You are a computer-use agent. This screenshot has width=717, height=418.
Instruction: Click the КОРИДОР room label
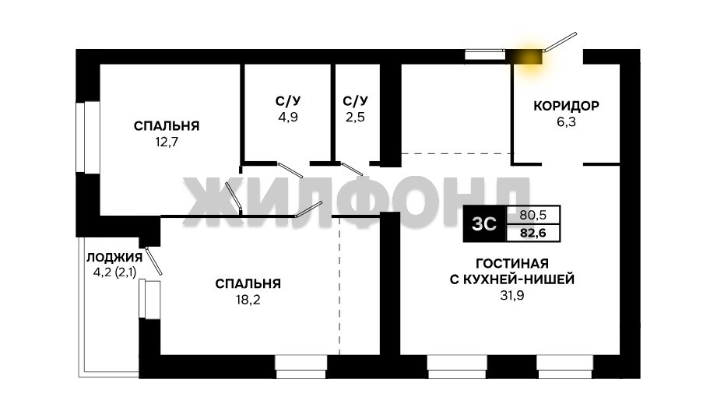566,106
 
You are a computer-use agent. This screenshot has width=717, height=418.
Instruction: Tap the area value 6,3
566,122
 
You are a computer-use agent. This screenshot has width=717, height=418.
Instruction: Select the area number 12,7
167,142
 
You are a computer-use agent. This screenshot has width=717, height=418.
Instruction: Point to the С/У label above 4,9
288,100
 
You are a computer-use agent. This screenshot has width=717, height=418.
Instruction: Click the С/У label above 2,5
355,100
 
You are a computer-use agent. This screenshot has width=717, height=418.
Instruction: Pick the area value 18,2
248,300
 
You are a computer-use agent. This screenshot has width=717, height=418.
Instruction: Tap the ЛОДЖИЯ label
114,258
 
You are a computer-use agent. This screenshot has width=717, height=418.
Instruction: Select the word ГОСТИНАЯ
512,263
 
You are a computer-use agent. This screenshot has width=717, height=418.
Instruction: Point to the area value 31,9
512,296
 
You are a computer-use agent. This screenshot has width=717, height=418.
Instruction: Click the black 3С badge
485,224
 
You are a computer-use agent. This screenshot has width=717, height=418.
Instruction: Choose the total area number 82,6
533,234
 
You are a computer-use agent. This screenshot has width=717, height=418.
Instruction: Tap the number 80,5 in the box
533,215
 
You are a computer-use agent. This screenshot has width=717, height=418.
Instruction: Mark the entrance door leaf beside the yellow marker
561,41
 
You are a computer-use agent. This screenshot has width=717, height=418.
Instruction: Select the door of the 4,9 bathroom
290,170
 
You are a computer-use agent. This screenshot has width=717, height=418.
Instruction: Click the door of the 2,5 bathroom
352,169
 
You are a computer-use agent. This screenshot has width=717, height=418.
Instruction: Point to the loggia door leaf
154,261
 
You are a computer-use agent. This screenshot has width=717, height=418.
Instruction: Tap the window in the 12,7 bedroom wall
88,137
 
